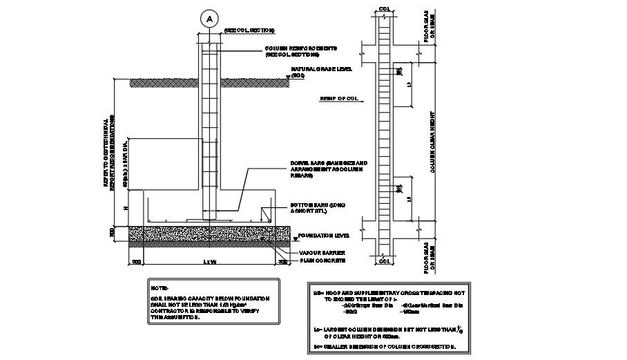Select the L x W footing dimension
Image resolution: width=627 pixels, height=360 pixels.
coord(210,262)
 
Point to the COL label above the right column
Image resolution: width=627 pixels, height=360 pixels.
coord(384,9)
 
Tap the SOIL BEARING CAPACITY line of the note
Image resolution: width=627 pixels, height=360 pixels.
coord(210,298)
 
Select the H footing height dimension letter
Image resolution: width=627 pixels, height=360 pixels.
coord(125,207)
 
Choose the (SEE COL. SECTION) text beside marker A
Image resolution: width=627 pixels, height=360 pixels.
coord(249,30)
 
